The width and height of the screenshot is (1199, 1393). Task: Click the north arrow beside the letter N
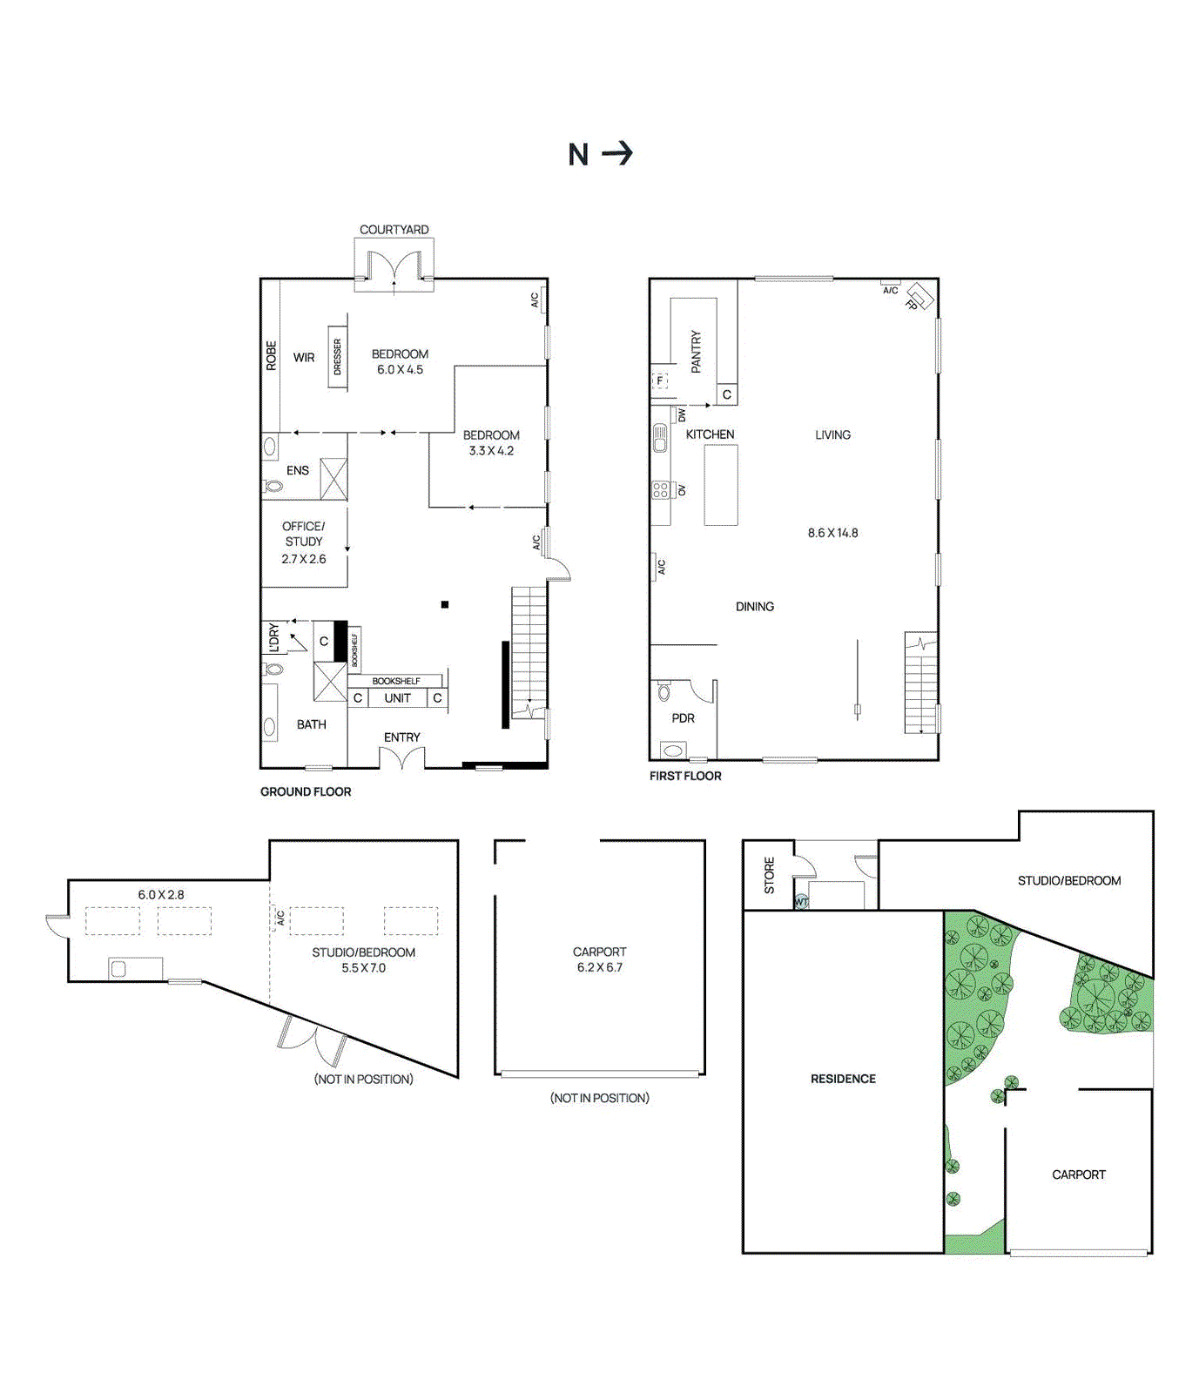point(617,154)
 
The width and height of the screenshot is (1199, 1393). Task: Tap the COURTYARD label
point(394,230)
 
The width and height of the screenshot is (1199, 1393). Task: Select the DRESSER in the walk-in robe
point(337,357)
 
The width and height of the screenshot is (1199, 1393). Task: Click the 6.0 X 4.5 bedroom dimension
point(400,370)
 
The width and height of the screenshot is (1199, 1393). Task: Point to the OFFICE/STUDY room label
point(303,534)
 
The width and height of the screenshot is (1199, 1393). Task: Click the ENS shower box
point(333,479)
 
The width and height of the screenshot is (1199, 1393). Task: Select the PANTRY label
point(696,352)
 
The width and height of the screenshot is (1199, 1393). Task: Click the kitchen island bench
point(721,485)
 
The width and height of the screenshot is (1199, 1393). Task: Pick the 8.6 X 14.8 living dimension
point(832,533)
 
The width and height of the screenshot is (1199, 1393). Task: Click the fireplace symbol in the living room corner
point(918,297)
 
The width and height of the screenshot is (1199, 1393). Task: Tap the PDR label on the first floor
point(684,718)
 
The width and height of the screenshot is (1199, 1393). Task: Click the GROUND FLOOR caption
point(306,791)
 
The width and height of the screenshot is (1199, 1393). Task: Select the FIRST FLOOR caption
point(685,776)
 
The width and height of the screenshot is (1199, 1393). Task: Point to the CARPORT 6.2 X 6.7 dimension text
point(599,967)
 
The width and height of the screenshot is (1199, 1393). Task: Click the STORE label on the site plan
point(769,875)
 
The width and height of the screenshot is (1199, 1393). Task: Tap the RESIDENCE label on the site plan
point(843,1079)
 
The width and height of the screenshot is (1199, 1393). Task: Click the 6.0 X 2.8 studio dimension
point(161,894)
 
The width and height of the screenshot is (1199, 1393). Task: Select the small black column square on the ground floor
point(445,604)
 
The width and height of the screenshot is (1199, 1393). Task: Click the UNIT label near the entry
point(397,698)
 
